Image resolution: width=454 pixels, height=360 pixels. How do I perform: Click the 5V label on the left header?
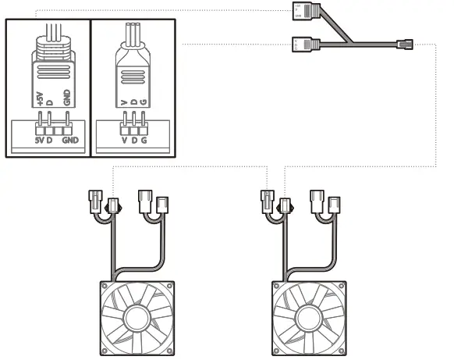point(40,140)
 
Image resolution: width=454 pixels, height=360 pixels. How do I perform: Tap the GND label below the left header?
point(72,140)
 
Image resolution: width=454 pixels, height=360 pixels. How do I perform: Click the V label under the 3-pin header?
point(125,140)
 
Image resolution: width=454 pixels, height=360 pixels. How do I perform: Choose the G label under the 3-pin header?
point(144,140)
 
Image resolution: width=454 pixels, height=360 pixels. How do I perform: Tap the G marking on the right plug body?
point(144,102)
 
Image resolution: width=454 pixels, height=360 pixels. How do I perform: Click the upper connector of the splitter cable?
point(300,11)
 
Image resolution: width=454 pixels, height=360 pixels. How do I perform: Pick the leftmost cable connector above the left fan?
point(98,202)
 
